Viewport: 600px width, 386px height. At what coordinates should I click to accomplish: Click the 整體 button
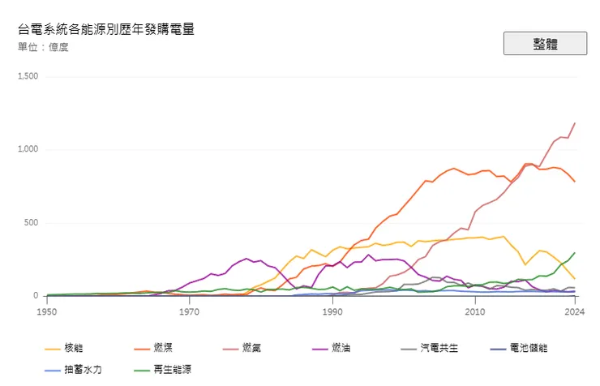point(545,44)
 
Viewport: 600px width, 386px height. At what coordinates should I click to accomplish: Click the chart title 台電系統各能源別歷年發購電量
point(106,29)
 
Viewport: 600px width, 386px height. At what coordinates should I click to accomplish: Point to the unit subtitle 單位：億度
point(43,47)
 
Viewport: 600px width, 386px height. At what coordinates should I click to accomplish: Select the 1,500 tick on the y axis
point(28,76)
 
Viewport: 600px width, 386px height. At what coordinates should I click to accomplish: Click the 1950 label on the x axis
point(47,311)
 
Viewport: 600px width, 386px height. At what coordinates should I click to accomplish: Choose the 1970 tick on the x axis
point(189,311)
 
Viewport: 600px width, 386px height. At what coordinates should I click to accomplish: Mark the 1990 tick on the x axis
point(332,311)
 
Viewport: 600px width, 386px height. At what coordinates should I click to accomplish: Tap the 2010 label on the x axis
point(474,311)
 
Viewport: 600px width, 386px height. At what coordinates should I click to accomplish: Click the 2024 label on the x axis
point(574,311)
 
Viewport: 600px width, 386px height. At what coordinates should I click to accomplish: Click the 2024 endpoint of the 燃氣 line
point(575,123)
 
